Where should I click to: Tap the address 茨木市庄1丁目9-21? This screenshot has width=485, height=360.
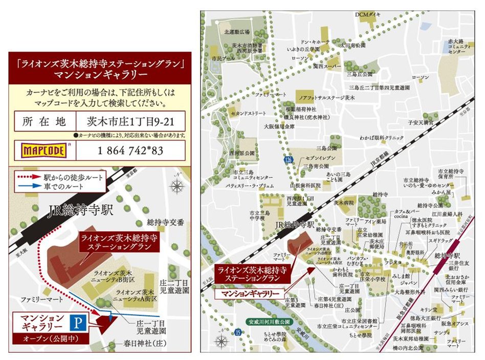click(x=129, y=123)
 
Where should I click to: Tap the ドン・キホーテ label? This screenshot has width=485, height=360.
click(x=314, y=42)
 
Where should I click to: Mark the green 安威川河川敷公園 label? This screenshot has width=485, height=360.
click(x=266, y=322)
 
